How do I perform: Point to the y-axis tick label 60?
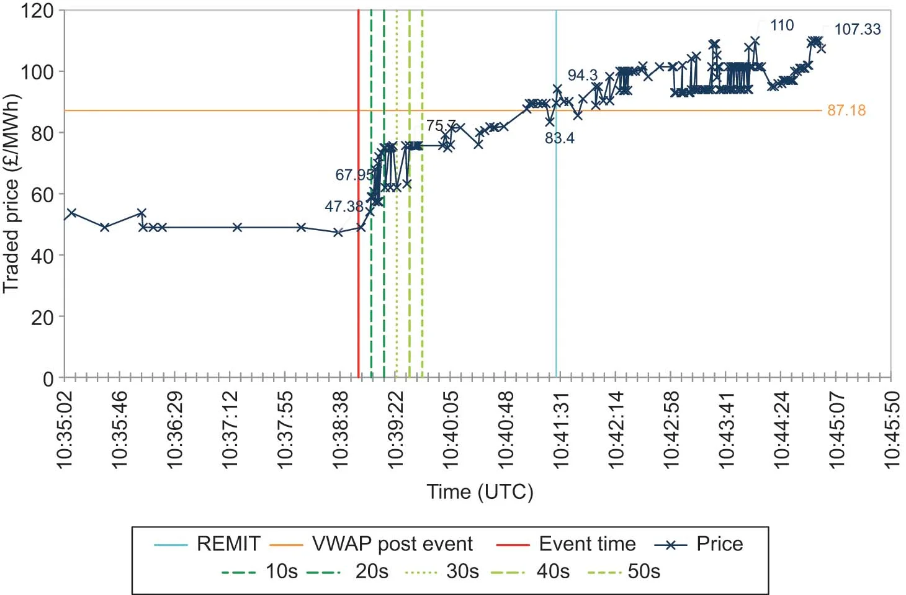[42, 194]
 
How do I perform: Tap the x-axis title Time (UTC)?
[480, 492]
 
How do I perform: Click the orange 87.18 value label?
[846, 110]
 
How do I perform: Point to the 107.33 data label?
[857, 29]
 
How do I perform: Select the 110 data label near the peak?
[782, 25]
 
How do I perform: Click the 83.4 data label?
[559, 138]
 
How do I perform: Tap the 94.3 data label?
[582, 75]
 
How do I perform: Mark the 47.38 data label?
[344, 207]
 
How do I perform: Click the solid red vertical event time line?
[359, 279]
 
